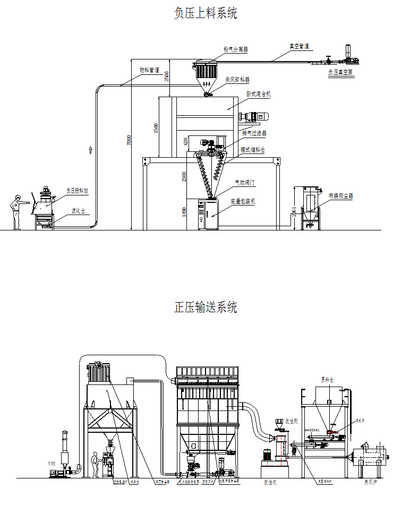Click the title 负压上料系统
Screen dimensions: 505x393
206,13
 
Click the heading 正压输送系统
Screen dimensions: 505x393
206,307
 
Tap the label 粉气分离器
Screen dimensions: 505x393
235,49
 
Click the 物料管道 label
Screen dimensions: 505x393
149,70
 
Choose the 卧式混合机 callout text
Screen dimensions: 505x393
259,93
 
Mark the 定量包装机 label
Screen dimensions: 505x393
243,202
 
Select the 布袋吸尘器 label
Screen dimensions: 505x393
340,196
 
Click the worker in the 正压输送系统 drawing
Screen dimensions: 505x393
96,465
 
